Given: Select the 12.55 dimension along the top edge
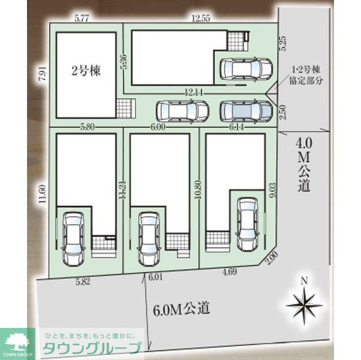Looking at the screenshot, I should (x=200, y=18).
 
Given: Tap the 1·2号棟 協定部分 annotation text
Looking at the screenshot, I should (x=306, y=75).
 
